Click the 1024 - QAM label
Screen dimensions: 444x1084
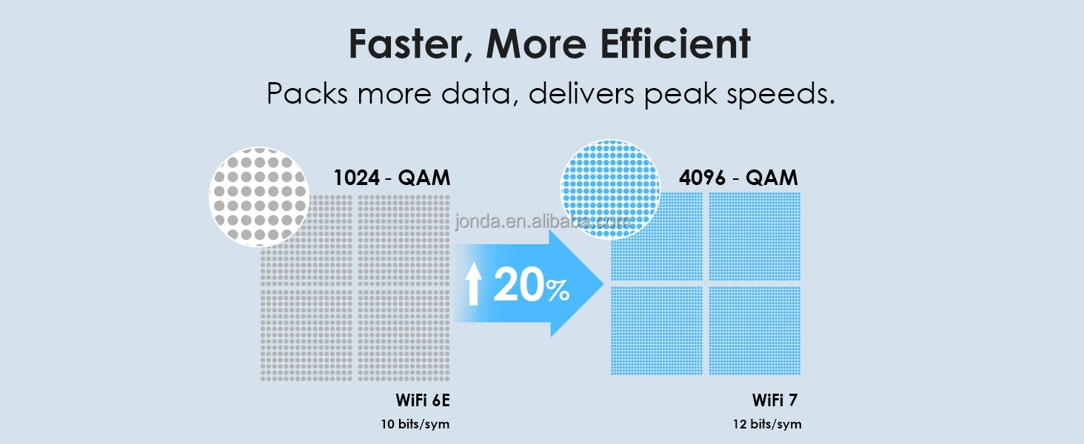point(392,178)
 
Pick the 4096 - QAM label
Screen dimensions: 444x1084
point(738,178)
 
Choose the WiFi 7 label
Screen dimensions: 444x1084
point(775,400)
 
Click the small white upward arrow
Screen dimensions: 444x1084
point(474,285)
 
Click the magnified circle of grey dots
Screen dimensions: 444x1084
point(259,196)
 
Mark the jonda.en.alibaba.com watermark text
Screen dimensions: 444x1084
point(543,221)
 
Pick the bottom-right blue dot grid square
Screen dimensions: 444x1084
point(755,330)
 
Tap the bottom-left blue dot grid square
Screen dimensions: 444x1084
point(657,330)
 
